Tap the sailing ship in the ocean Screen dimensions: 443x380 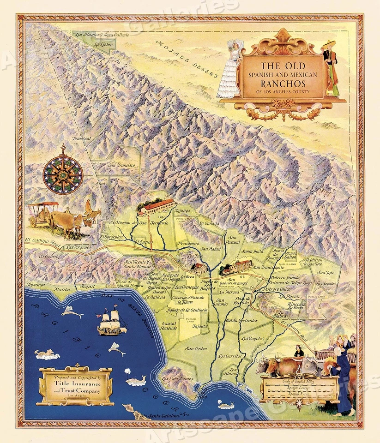coord(111,323)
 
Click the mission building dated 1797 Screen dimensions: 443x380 coord(156,207)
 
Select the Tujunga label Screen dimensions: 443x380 coord(183,209)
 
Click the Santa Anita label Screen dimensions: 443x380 coord(252,251)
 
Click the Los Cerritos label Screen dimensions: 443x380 coord(229,356)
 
